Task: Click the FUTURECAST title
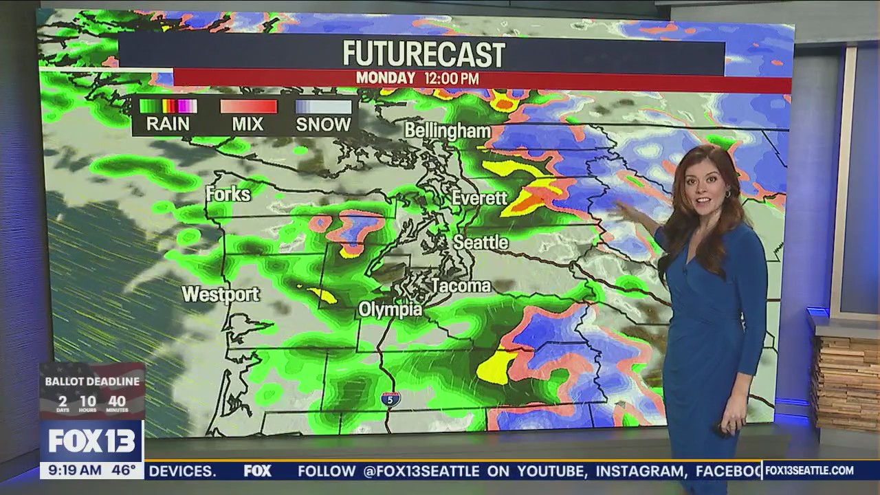pos(423,54)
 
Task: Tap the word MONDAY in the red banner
pos(385,78)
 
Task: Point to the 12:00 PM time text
pos(451,78)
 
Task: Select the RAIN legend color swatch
pos(168,106)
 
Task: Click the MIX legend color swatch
pos(248,106)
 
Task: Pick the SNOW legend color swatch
pos(323,106)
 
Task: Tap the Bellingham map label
pos(447,131)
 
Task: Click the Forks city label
pos(228,195)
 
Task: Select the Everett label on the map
pos(479,198)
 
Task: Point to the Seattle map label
pos(481,242)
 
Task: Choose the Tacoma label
pos(461,285)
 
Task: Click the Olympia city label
pos(390,310)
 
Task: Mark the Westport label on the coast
pos(220,294)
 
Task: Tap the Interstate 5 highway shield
pos(390,399)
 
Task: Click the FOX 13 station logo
pos(91,441)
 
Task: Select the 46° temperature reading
pos(124,471)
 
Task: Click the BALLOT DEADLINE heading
pos(92,382)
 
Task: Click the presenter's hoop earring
pos(726,195)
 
